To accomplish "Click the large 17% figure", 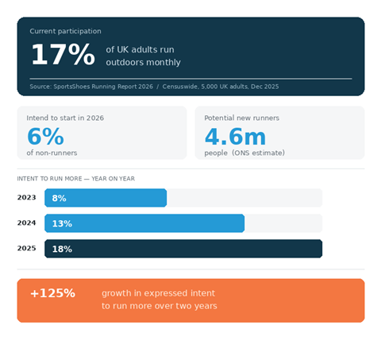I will [62, 55].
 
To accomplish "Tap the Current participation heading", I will [65, 31].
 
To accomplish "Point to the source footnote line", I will [154, 86].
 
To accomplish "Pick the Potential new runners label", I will [242, 118].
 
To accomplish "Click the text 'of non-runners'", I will [52, 153].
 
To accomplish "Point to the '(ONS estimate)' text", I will [259, 153].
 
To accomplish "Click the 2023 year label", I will [27, 198].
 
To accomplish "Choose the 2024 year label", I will [27, 223].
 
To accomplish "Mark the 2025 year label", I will [27, 249].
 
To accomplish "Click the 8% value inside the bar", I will [59, 198].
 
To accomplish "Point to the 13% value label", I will [62, 223].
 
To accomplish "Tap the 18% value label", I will [62, 249].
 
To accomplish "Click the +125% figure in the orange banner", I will [52, 293].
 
